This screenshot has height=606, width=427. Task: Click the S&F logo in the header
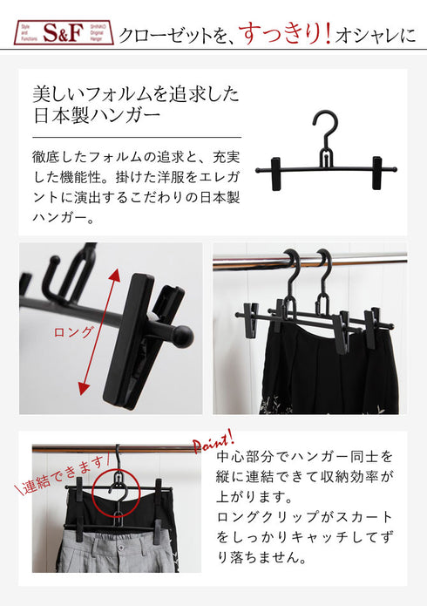click(54, 34)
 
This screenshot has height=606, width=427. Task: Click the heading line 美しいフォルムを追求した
click(135, 94)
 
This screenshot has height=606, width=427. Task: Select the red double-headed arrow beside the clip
click(97, 331)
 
